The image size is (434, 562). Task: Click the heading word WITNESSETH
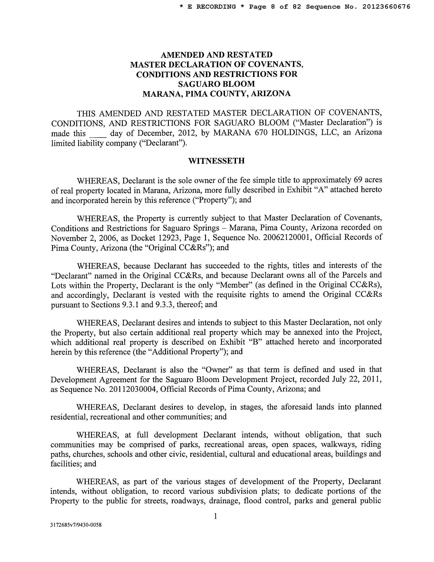pos(216,161)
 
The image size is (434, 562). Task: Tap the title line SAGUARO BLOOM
pos(216,84)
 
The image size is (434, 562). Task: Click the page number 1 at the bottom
pos(215,516)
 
